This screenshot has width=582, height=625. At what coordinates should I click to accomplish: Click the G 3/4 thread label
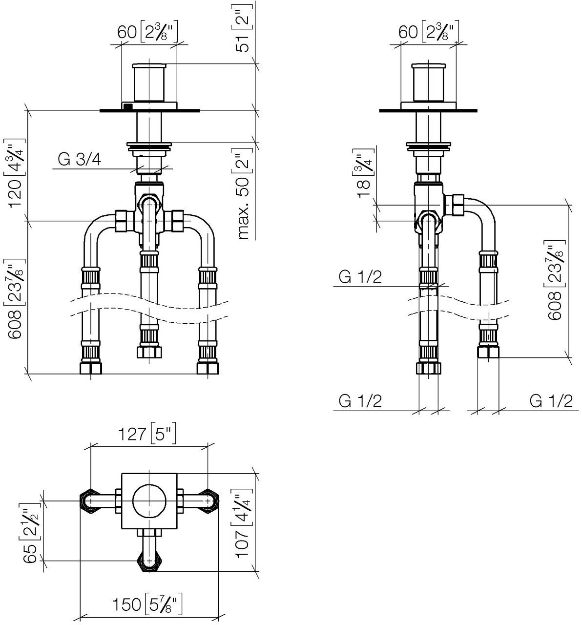80,159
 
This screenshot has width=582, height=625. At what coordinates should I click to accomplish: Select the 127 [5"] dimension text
146,434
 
